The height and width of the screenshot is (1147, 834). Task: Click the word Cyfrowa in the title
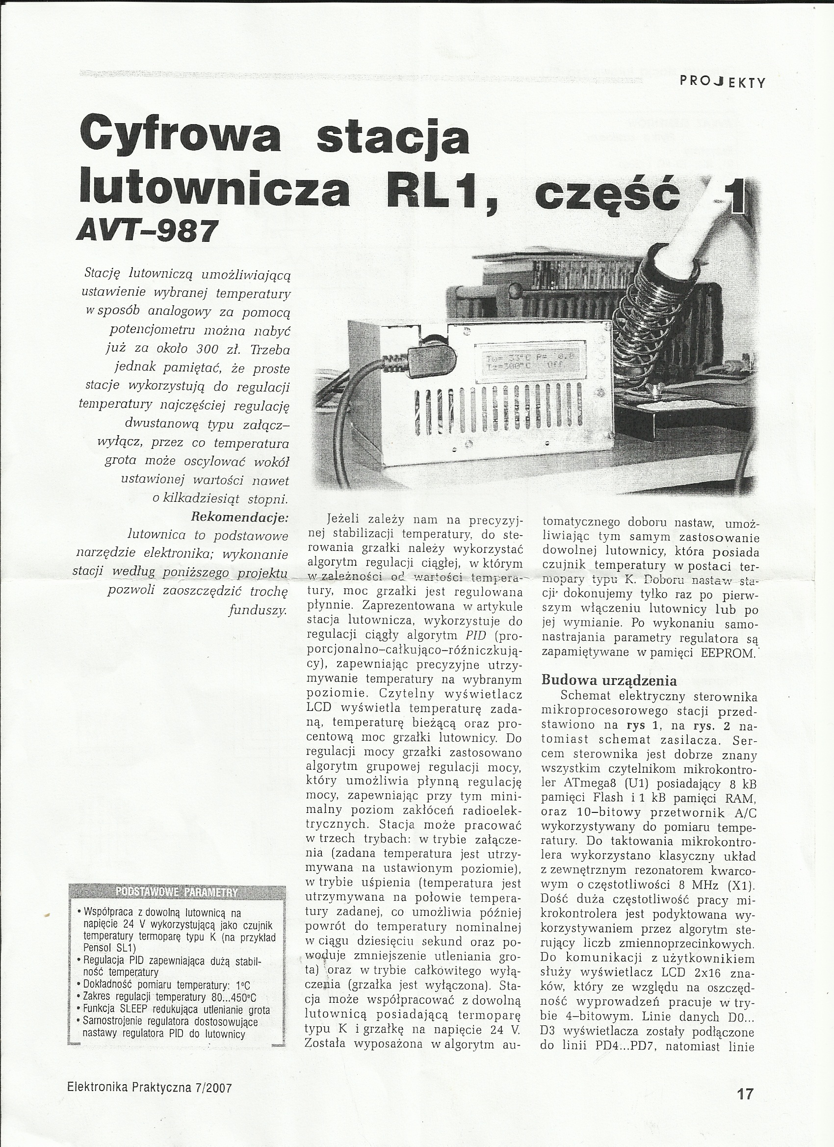180,137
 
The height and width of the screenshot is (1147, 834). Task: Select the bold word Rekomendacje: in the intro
239,518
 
